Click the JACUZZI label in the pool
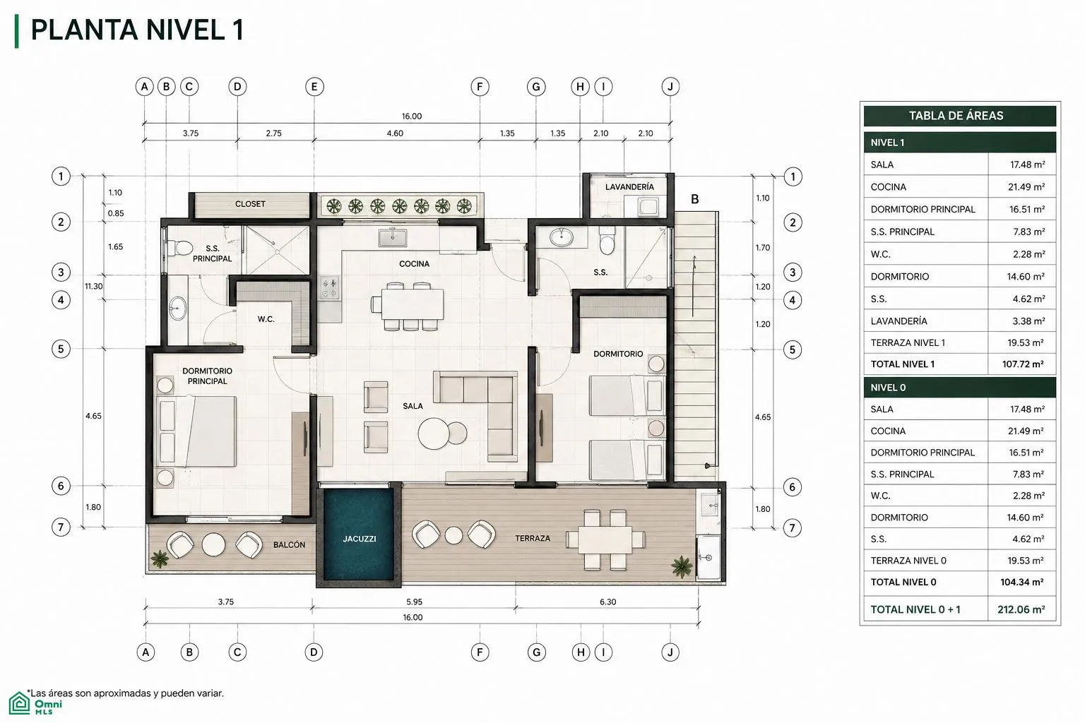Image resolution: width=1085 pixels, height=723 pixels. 360,539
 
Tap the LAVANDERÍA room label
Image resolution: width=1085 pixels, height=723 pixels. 629,186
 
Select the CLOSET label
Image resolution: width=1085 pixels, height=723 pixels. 250,204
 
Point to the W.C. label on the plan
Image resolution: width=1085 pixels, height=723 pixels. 266,319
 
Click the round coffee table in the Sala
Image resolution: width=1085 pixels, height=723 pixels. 434,434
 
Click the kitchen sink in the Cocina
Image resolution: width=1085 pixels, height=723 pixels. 392,238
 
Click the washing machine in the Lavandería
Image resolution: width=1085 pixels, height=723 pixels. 648,208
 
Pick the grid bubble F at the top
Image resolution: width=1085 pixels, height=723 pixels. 480,87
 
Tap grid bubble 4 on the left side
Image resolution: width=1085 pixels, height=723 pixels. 61,300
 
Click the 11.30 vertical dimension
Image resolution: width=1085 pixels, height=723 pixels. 93,286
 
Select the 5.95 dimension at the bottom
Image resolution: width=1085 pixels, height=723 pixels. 414,602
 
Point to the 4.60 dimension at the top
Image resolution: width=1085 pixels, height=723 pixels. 395,133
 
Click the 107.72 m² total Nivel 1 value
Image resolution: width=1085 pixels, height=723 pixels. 1023,364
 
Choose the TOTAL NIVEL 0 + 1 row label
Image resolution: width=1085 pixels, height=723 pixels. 915,609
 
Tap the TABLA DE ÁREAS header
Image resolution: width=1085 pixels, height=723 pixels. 956,116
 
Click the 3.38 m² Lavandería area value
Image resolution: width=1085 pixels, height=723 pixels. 1028,321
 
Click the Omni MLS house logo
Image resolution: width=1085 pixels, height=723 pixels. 19,703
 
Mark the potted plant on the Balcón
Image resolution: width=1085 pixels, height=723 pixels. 160,558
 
